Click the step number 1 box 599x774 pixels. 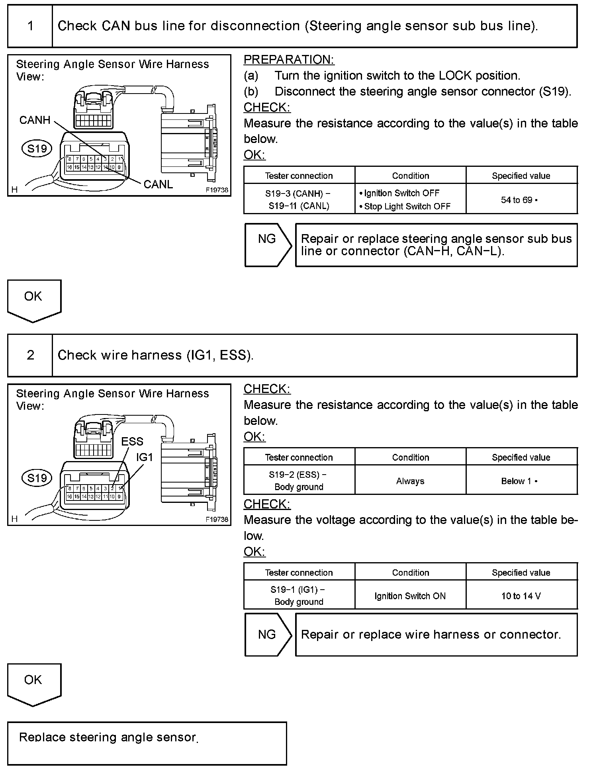[30, 26]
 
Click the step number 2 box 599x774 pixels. [30, 355]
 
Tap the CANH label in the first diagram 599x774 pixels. [35, 120]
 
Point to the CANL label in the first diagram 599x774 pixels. [158, 184]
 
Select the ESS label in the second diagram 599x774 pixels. [132, 441]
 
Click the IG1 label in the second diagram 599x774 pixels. [144, 457]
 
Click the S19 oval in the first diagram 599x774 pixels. [37, 149]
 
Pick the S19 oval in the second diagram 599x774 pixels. [37, 478]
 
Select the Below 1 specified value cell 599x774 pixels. [521, 481]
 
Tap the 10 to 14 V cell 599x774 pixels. [521, 596]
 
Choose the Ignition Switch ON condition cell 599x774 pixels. [410, 596]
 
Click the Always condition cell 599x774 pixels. [410, 481]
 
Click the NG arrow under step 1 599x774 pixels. [267, 244]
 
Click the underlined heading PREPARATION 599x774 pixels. [289, 60]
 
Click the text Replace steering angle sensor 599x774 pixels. [108, 737]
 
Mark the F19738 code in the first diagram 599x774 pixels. [217, 190]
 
